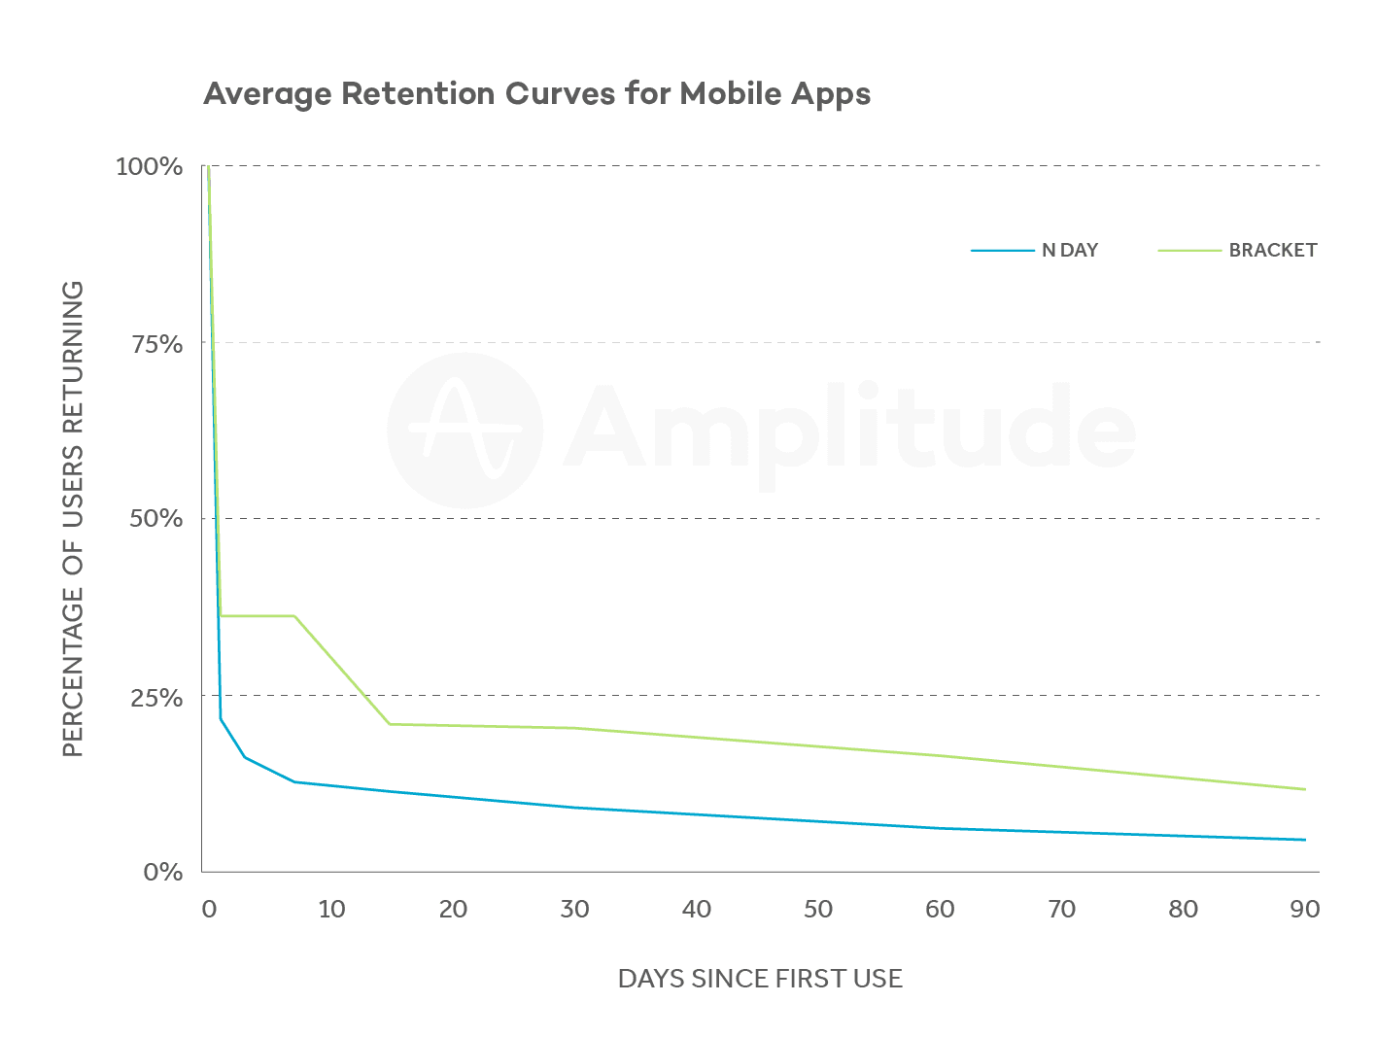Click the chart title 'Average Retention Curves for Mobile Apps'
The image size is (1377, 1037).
536,94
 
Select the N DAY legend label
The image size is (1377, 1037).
1069,251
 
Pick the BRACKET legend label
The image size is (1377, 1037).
1272,251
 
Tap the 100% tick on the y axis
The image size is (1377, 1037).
149,167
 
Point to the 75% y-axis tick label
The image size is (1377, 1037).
155,344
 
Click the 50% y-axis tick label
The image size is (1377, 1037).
155,519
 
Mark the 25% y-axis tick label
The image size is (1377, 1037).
155,698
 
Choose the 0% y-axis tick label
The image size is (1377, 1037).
162,873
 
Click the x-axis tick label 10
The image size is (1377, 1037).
331,910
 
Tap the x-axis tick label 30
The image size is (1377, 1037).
575,910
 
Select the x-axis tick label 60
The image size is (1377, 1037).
940,910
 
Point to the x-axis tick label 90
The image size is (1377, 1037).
1304,910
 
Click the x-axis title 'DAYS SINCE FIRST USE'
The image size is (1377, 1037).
760,979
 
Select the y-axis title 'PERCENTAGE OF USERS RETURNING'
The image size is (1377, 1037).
74,519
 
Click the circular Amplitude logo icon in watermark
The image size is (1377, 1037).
465,431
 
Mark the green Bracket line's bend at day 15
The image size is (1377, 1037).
390,724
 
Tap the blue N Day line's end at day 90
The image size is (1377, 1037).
1304,840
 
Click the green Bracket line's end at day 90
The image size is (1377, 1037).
1304,789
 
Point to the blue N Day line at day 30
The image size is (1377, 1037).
575,808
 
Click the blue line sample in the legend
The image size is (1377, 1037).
1002,251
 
